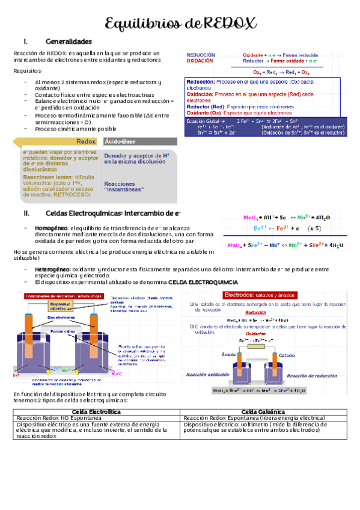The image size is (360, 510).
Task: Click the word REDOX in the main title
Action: click(230, 23)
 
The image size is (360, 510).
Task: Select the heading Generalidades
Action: click(69, 41)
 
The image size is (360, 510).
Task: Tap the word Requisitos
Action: click(28, 71)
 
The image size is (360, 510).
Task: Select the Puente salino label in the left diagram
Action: click(62, 331)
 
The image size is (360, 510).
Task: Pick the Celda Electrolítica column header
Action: click(97, 411)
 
